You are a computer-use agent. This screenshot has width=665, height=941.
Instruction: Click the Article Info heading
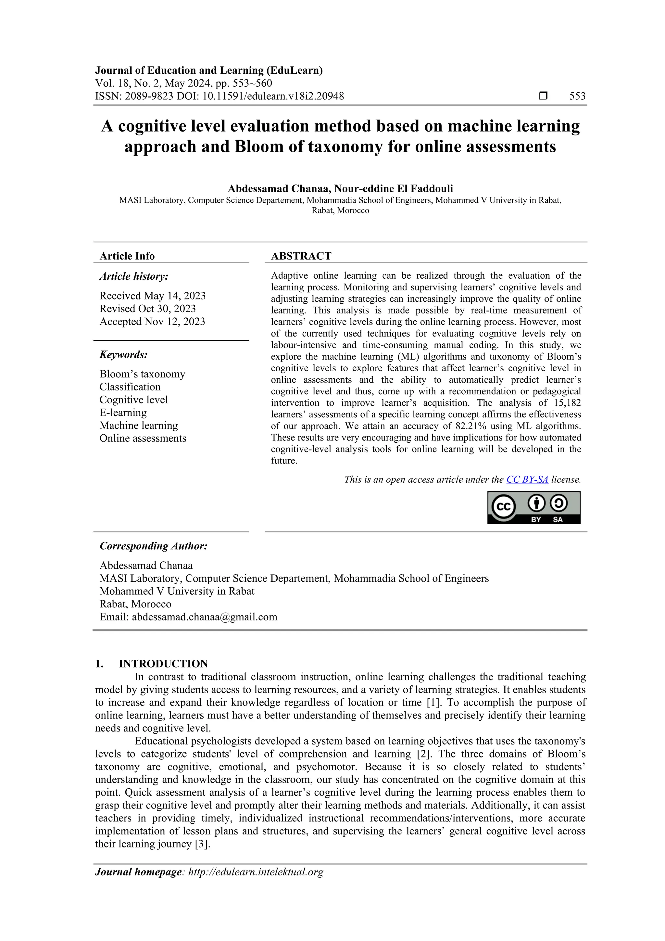(127, 256)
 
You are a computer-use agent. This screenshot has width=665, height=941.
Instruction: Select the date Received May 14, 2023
(152, 296)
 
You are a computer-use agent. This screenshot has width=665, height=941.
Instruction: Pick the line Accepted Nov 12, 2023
(152, 322)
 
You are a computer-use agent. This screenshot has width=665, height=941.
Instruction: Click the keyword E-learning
(123, 413)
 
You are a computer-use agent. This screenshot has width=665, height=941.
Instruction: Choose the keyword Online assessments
(143, 439)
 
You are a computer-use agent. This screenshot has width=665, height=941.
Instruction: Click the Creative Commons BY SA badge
(533, 508)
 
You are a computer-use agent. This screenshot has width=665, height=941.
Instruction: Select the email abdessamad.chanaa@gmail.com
(205, 617)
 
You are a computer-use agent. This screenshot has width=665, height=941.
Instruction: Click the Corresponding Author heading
(153, 546)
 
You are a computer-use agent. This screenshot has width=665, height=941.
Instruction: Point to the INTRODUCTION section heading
(163, 664)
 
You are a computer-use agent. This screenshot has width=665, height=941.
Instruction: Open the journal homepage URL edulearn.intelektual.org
(255, 872)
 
